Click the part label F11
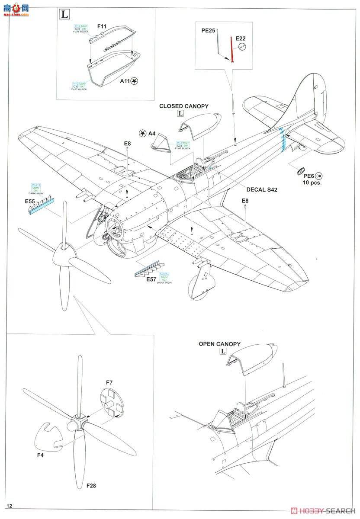coord(102,26)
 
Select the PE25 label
coord(208,31)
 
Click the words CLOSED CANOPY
coord(183,106)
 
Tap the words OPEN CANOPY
coord(219,344)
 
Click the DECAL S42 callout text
coord(262,189)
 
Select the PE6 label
coord(308,176)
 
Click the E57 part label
coord(151,279)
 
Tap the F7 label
coord(109,382)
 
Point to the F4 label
coord(40,455)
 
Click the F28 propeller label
coord(91,485)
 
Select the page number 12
coord(10,506)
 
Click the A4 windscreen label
coord(151,134)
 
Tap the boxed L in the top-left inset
coord(64,14)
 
